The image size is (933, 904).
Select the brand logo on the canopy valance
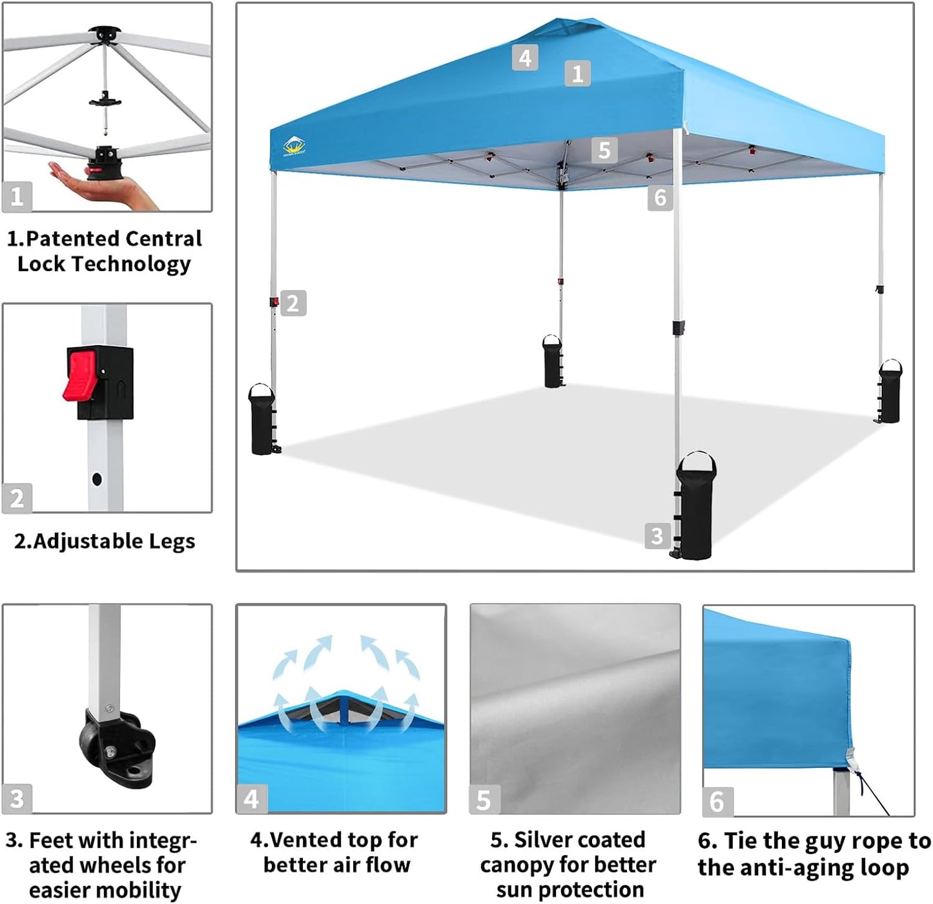(294, 146)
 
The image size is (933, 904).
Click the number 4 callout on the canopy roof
(525, 58)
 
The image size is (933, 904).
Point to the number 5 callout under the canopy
(604, 150)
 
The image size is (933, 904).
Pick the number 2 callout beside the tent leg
(292, 303)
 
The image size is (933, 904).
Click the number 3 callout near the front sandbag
(657, 536)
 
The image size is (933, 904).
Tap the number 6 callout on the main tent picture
(660, 197)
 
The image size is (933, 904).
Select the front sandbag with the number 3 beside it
(695, 507)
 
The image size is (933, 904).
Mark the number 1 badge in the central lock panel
(17, 196)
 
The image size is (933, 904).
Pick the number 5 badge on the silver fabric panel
(484, 799)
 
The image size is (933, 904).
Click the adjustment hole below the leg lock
(97, 479)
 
